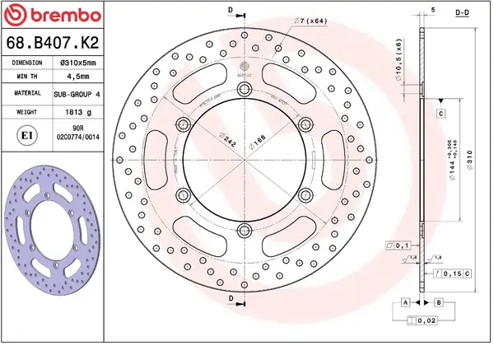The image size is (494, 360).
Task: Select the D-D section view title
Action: tap(463, 12)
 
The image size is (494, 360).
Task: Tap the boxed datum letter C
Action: tap(440, 113)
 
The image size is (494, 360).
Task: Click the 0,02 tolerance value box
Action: tap(425, 321)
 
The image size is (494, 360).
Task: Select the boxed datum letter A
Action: tap(406, 303)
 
